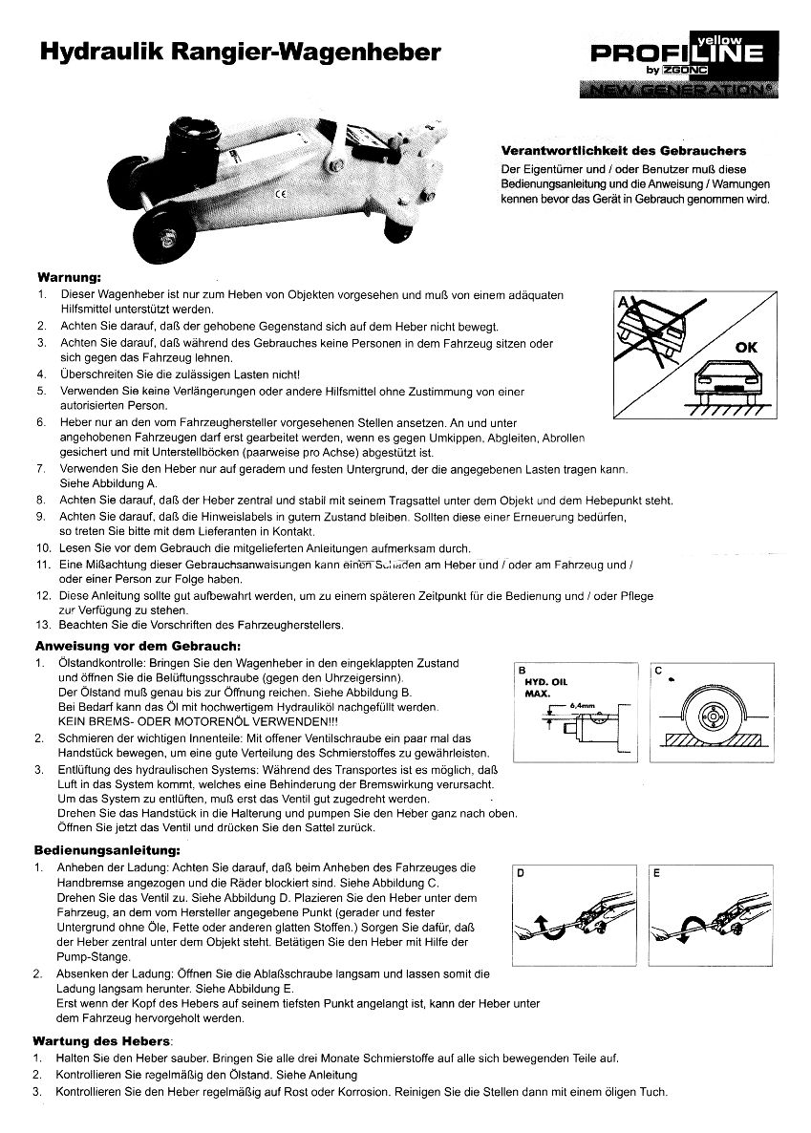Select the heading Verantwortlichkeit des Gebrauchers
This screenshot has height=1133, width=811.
coord(624,151)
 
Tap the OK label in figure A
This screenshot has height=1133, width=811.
coord(746,347)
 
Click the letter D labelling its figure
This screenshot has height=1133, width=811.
coord(522,873)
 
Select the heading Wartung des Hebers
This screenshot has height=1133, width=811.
coord(101,1039)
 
